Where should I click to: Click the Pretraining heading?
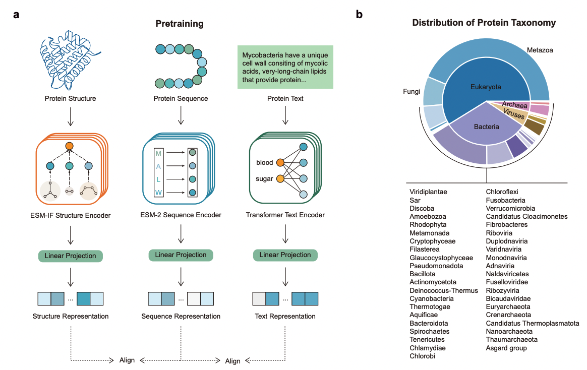[180, 24]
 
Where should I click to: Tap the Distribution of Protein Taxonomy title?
[484, 23]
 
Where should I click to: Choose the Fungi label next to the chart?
[412, 92]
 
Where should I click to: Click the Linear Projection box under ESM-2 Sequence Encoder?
[181, 255]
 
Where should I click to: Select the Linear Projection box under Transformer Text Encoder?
[285, 255]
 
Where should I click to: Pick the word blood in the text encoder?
[265, 162]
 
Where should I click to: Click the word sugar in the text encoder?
[265, 179]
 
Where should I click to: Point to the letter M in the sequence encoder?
[159, 153]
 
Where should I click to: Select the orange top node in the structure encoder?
[70, 146]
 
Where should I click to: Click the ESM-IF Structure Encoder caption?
[71, 216]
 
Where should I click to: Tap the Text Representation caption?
[285, 317]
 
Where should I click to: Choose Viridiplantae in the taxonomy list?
[428, 192]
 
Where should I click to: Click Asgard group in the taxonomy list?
[506, 348]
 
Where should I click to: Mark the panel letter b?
[359, 15]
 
